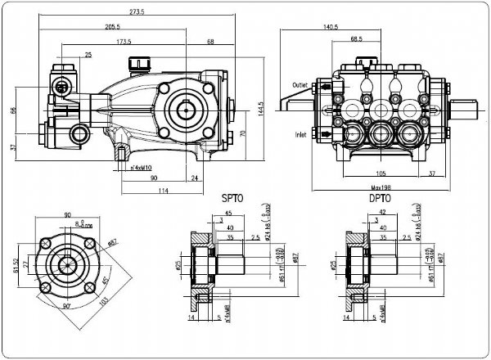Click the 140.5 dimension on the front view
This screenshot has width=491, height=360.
point(331,27)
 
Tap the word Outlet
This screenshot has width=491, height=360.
point(300,84)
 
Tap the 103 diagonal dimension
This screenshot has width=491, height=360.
point(105,299)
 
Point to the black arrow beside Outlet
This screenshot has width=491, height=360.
point(325,85)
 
